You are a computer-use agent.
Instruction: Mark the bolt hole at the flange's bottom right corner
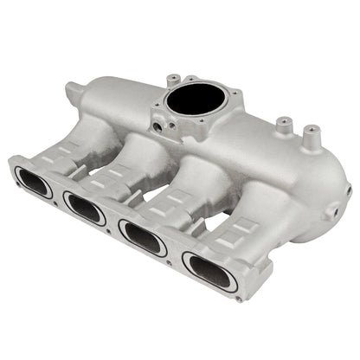tap(240, 298)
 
